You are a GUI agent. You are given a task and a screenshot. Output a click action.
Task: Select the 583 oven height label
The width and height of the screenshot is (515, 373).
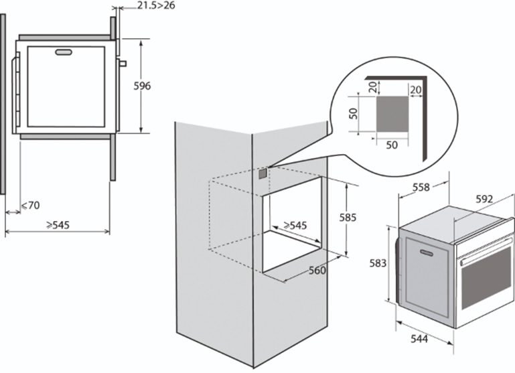coord(378,263)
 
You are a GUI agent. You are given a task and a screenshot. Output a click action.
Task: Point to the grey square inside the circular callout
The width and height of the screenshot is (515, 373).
coord(394,113)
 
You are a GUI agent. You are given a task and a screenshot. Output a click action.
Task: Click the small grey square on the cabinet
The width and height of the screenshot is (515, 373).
coord(263,173)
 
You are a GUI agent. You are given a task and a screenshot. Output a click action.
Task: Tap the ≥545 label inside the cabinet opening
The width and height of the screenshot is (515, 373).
coord(294,226)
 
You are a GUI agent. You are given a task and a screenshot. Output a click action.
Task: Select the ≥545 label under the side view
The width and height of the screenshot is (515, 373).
coord(58,225)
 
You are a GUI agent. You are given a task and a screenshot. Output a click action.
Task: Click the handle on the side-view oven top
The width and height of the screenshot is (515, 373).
coord(65,52)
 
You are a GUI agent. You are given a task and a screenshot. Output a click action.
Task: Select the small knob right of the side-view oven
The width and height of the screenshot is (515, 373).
coord(122,64)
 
